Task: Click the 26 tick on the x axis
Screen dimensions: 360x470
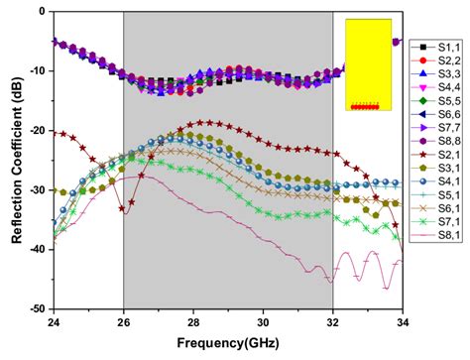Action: point(123,320)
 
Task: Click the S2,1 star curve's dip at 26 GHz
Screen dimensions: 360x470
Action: point(124,209)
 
